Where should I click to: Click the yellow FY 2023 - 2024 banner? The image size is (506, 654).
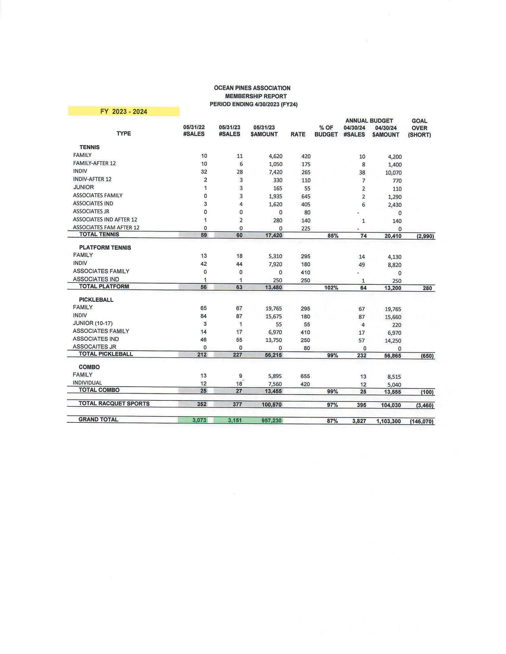(124, 112)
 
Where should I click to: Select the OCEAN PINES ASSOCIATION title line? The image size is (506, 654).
(252, 88)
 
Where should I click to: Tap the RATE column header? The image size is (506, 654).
(298, 134)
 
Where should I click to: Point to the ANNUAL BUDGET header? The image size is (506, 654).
(369, 121)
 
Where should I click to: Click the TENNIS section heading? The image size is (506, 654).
(89, 147)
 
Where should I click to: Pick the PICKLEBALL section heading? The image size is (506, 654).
(96, 300)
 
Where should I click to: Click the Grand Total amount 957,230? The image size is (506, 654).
(271, 420)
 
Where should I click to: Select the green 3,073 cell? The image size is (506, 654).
(199, 420)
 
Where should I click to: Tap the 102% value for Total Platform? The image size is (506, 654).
(331, 288)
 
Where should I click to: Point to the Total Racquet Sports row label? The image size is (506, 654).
(114, 403)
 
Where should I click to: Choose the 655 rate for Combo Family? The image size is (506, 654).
(305, 376)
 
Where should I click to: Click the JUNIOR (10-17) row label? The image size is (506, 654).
(93, 323)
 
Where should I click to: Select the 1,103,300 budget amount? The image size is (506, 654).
(388, 421)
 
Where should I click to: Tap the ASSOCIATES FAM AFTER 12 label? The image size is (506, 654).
(106, 227)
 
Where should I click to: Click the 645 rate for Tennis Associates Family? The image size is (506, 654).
(305, 196)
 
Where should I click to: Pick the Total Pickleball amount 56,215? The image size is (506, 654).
(273, 355)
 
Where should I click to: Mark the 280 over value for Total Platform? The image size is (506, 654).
(427, 288)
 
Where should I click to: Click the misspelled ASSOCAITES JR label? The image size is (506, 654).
(94, 347)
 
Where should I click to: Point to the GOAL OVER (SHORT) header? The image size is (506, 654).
(419, 128)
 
